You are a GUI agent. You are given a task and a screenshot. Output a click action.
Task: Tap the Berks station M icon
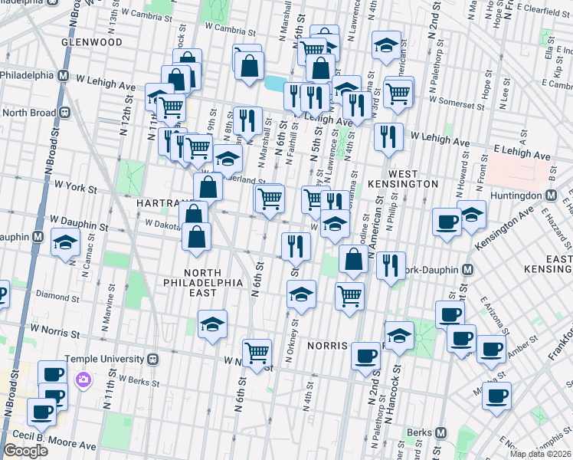tap(440, 432)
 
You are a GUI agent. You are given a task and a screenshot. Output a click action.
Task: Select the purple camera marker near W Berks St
tap(82, 379)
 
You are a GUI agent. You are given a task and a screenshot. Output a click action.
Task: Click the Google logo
tap(25, 450)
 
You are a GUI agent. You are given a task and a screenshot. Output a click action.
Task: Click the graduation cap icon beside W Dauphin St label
tap(66, 243)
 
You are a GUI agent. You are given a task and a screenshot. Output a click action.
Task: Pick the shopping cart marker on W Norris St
tap(257, 352)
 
